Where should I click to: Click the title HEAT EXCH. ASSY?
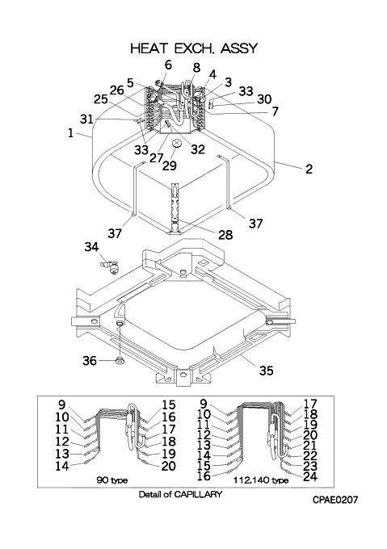(194, 48)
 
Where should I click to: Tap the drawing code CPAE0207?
(335, 500)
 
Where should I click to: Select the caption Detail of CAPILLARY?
(180, 494)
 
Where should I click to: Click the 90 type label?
(111, 480)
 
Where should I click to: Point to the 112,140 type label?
(261, 480)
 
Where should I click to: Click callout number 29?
(170, 165)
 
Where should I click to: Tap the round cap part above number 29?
(177, 143)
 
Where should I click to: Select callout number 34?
(91, 247)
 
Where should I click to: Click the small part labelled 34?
(110, 267)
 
